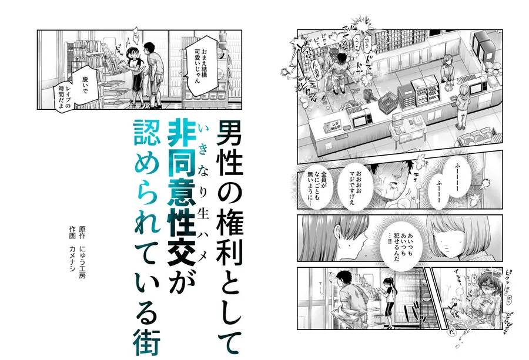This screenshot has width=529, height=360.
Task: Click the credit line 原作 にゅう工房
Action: (82, 252)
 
